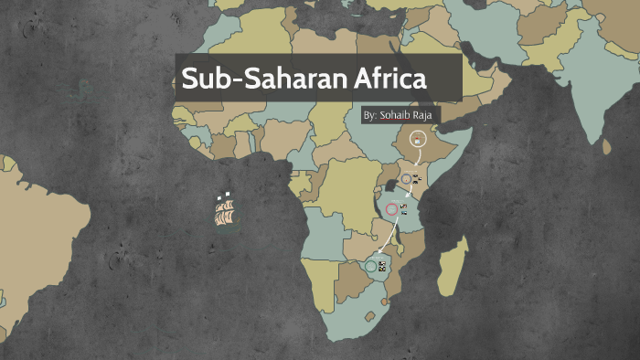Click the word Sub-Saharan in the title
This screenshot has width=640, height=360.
click(x=261, y=79)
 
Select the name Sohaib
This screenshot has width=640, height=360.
click(x=396, y=116)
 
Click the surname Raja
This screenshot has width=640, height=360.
click(x=426, y=116)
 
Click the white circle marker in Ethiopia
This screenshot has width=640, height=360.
click(x=417, y=139)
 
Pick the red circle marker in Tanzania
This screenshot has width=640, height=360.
click(x=392, y=209)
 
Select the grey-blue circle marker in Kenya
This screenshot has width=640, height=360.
click(x=406, y=179)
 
